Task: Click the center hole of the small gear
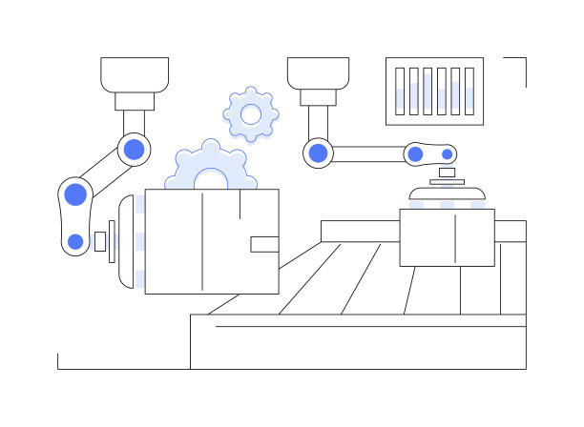(x=251, y=114)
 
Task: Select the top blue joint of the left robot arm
(x=135, y=148)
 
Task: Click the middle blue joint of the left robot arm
(x=75, y=194)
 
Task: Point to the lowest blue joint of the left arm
(x=75, y=241)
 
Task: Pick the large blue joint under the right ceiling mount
(x=318, y=152)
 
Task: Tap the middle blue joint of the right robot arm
(x=415, y=153)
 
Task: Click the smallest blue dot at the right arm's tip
(x=446, y=152)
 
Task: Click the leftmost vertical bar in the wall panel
(x=401, y=91)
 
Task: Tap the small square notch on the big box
(x=264, y=244)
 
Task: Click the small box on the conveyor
(x=447, y=237)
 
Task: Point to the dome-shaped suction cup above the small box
(x=447, y=194)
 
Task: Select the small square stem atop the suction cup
(x=447, y=173)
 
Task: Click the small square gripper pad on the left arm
(x=99, y=241)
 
